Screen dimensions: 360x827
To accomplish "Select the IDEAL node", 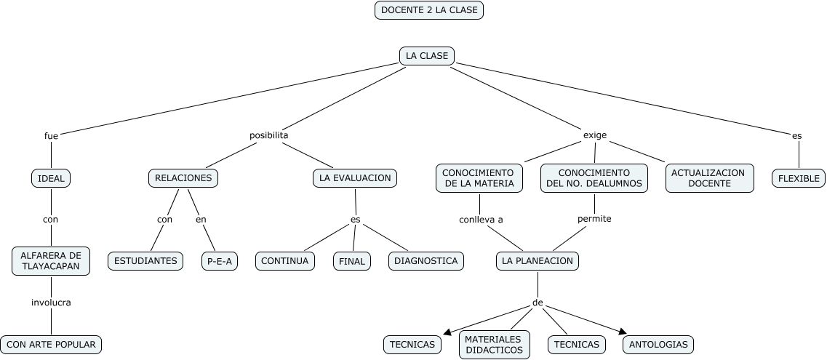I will [x=51, y=178].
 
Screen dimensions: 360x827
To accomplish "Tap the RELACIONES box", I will [x=183, y=177].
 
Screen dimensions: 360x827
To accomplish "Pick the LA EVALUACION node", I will [x=355, y=177].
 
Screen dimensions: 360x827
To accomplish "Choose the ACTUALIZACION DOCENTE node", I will [x=708, y=178].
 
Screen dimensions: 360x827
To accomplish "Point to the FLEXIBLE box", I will [x=798, y=178].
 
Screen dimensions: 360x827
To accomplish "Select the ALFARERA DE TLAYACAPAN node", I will [x=51, y=260].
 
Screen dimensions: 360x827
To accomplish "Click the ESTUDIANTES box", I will [x=146, y=260].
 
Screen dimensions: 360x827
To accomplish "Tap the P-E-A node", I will [x=220, y=260].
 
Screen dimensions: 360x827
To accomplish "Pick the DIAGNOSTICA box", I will [x=426, y=260].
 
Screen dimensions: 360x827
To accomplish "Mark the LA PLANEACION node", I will [x=538, y=260].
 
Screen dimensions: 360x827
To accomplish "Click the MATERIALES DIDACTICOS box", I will [x=494, y=345].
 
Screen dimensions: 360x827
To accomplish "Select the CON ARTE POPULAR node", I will [x=50, y=344].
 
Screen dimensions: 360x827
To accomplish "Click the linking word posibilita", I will [x=269, y=135].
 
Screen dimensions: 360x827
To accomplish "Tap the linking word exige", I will [x=595, y=135].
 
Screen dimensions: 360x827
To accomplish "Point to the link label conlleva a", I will [x=481, y=219].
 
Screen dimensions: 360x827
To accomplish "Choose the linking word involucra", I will [x=51, y=303].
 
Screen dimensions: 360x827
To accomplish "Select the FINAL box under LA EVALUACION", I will [x=352, y=261].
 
